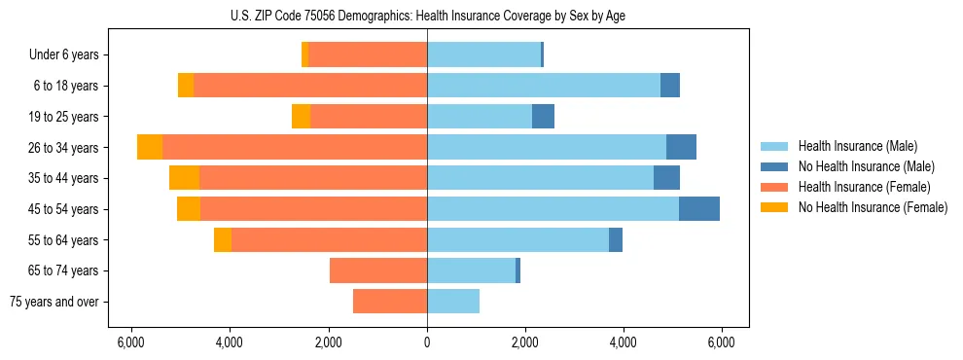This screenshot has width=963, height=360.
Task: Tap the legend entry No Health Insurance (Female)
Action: [x=873, y=207]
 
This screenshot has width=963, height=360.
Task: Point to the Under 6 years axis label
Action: [x=63, y=55]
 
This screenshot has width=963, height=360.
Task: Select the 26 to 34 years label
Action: [x=65, y=148]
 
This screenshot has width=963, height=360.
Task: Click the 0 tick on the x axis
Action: [x=427, y=342]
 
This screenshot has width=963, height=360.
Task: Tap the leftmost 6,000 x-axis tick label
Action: [x=130, y=342]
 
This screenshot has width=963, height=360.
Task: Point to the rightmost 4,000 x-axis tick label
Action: [x=623, y=342]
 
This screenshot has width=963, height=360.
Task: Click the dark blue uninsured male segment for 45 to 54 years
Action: [x=699, y=209]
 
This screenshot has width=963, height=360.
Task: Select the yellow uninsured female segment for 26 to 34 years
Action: [x=150, y=147]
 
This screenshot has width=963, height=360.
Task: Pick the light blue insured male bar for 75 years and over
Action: [x=453, y=302]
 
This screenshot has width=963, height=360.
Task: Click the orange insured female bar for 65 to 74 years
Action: [x=378, y=270]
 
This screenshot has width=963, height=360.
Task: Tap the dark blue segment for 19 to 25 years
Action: [x=543, y=117]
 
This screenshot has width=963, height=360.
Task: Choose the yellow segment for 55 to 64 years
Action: [x=223, y=240]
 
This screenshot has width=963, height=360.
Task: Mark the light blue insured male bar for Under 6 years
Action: [x=483, y=55]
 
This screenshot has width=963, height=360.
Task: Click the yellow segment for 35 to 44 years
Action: [x=184, y=178]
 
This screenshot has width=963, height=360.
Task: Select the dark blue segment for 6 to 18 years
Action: [x=670, y=86]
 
